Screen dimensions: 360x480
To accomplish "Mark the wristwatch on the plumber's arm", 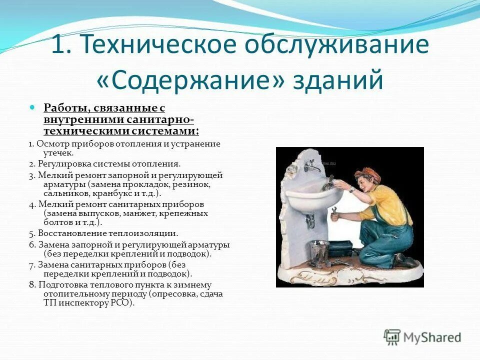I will point(352,189).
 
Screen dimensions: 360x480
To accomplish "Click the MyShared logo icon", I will point(392,337).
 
